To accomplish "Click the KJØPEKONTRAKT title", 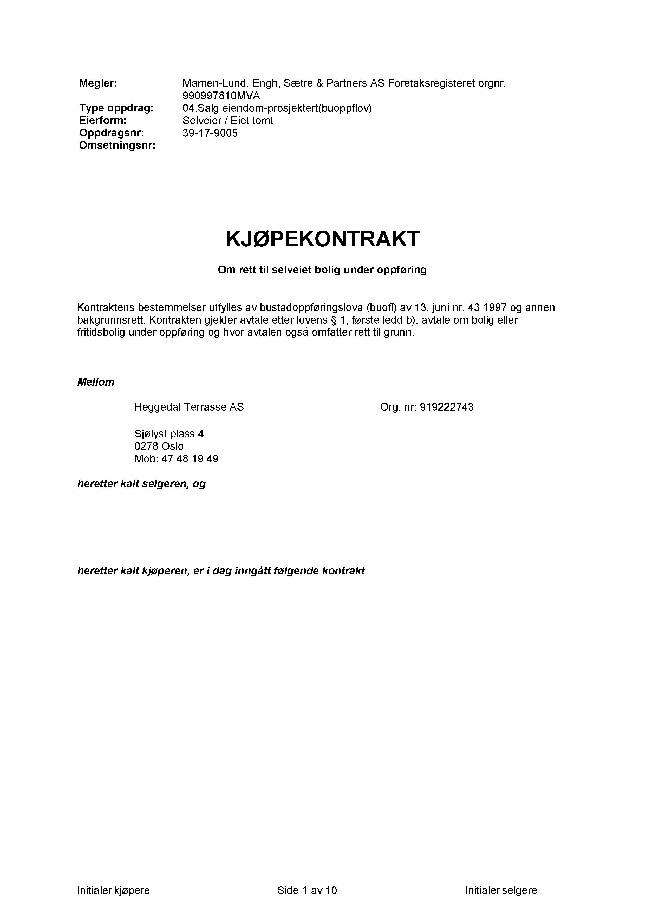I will coord(322,239).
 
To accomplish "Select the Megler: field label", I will coord(98,83).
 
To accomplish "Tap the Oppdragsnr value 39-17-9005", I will coord(210,133).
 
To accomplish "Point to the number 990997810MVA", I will coord(221,96).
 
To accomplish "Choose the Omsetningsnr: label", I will coord(117,146).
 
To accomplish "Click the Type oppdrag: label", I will coord(116,108).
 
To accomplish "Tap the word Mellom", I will coord(96,382).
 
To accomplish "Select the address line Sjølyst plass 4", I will coord(169,434).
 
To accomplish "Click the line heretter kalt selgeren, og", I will coord(141,484).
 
